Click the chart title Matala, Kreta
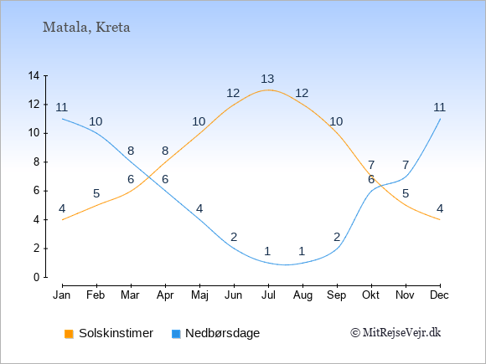[x=86, y=28]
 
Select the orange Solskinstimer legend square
[x=69, y=334]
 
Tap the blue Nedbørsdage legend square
[x=176, y=334]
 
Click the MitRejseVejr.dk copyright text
[x=396, y=333]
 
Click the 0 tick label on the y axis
[x=37, y=277]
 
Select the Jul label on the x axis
[x=268, y=295]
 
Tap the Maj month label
[x=199, y=295]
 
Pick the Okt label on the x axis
[x=370, y=295]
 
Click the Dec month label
[x=440, y=295]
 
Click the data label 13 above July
[x=267, y=79]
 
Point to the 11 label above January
[x=62, y=107]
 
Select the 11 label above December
[x=440, y=107]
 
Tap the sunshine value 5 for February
[x=96, y=194]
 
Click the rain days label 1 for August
[x=302, y=251]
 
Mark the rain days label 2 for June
[x=234, y=237]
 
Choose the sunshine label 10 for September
[x=336, y=121]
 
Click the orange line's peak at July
[x=268, y=90]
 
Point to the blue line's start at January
[x=63, y=119]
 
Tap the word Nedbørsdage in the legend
[x=223, y=333]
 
